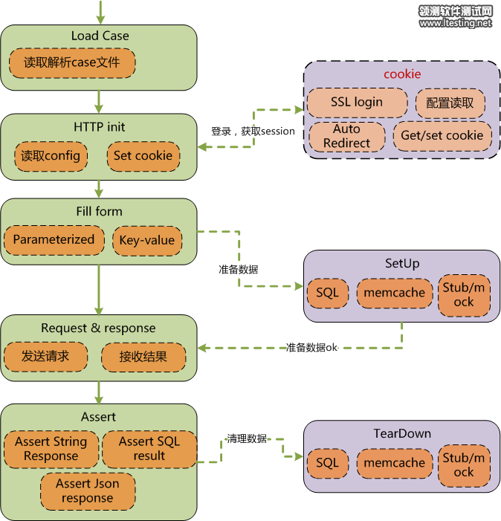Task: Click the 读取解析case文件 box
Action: point(71,63)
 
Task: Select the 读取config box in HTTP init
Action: point(51,156)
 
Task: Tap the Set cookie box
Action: point(143,156)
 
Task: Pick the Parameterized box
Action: point(54,240)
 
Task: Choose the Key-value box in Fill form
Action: point(147,240)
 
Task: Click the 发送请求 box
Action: point(45,357)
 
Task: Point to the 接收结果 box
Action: point(143,357)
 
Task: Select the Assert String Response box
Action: point(51,449)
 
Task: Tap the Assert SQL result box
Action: point(149,449)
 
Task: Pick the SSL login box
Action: point(357,103)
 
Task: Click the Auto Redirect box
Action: point(346,136)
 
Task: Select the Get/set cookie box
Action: point(442,135)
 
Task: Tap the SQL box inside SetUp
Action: point(327,293)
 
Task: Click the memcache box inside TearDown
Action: point(394,463)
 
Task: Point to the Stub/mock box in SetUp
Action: point(463,294)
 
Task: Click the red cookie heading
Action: point(402,74)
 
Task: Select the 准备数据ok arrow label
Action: point(311,347)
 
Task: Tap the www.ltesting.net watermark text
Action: point(455,23)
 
